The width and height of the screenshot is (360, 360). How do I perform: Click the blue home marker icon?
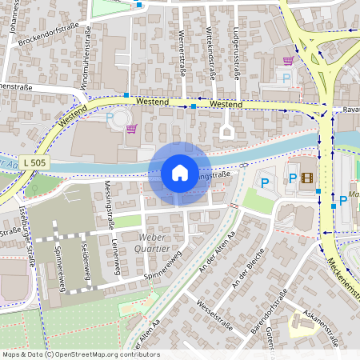(x=180, y=172)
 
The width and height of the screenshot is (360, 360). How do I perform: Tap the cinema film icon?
(x=308, y=178)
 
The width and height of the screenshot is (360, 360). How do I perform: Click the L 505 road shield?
(x=35, y=162)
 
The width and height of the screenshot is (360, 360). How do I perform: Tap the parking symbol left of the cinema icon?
(x=292, y=178)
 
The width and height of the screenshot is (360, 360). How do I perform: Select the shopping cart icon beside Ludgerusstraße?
(x=287, y=60)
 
